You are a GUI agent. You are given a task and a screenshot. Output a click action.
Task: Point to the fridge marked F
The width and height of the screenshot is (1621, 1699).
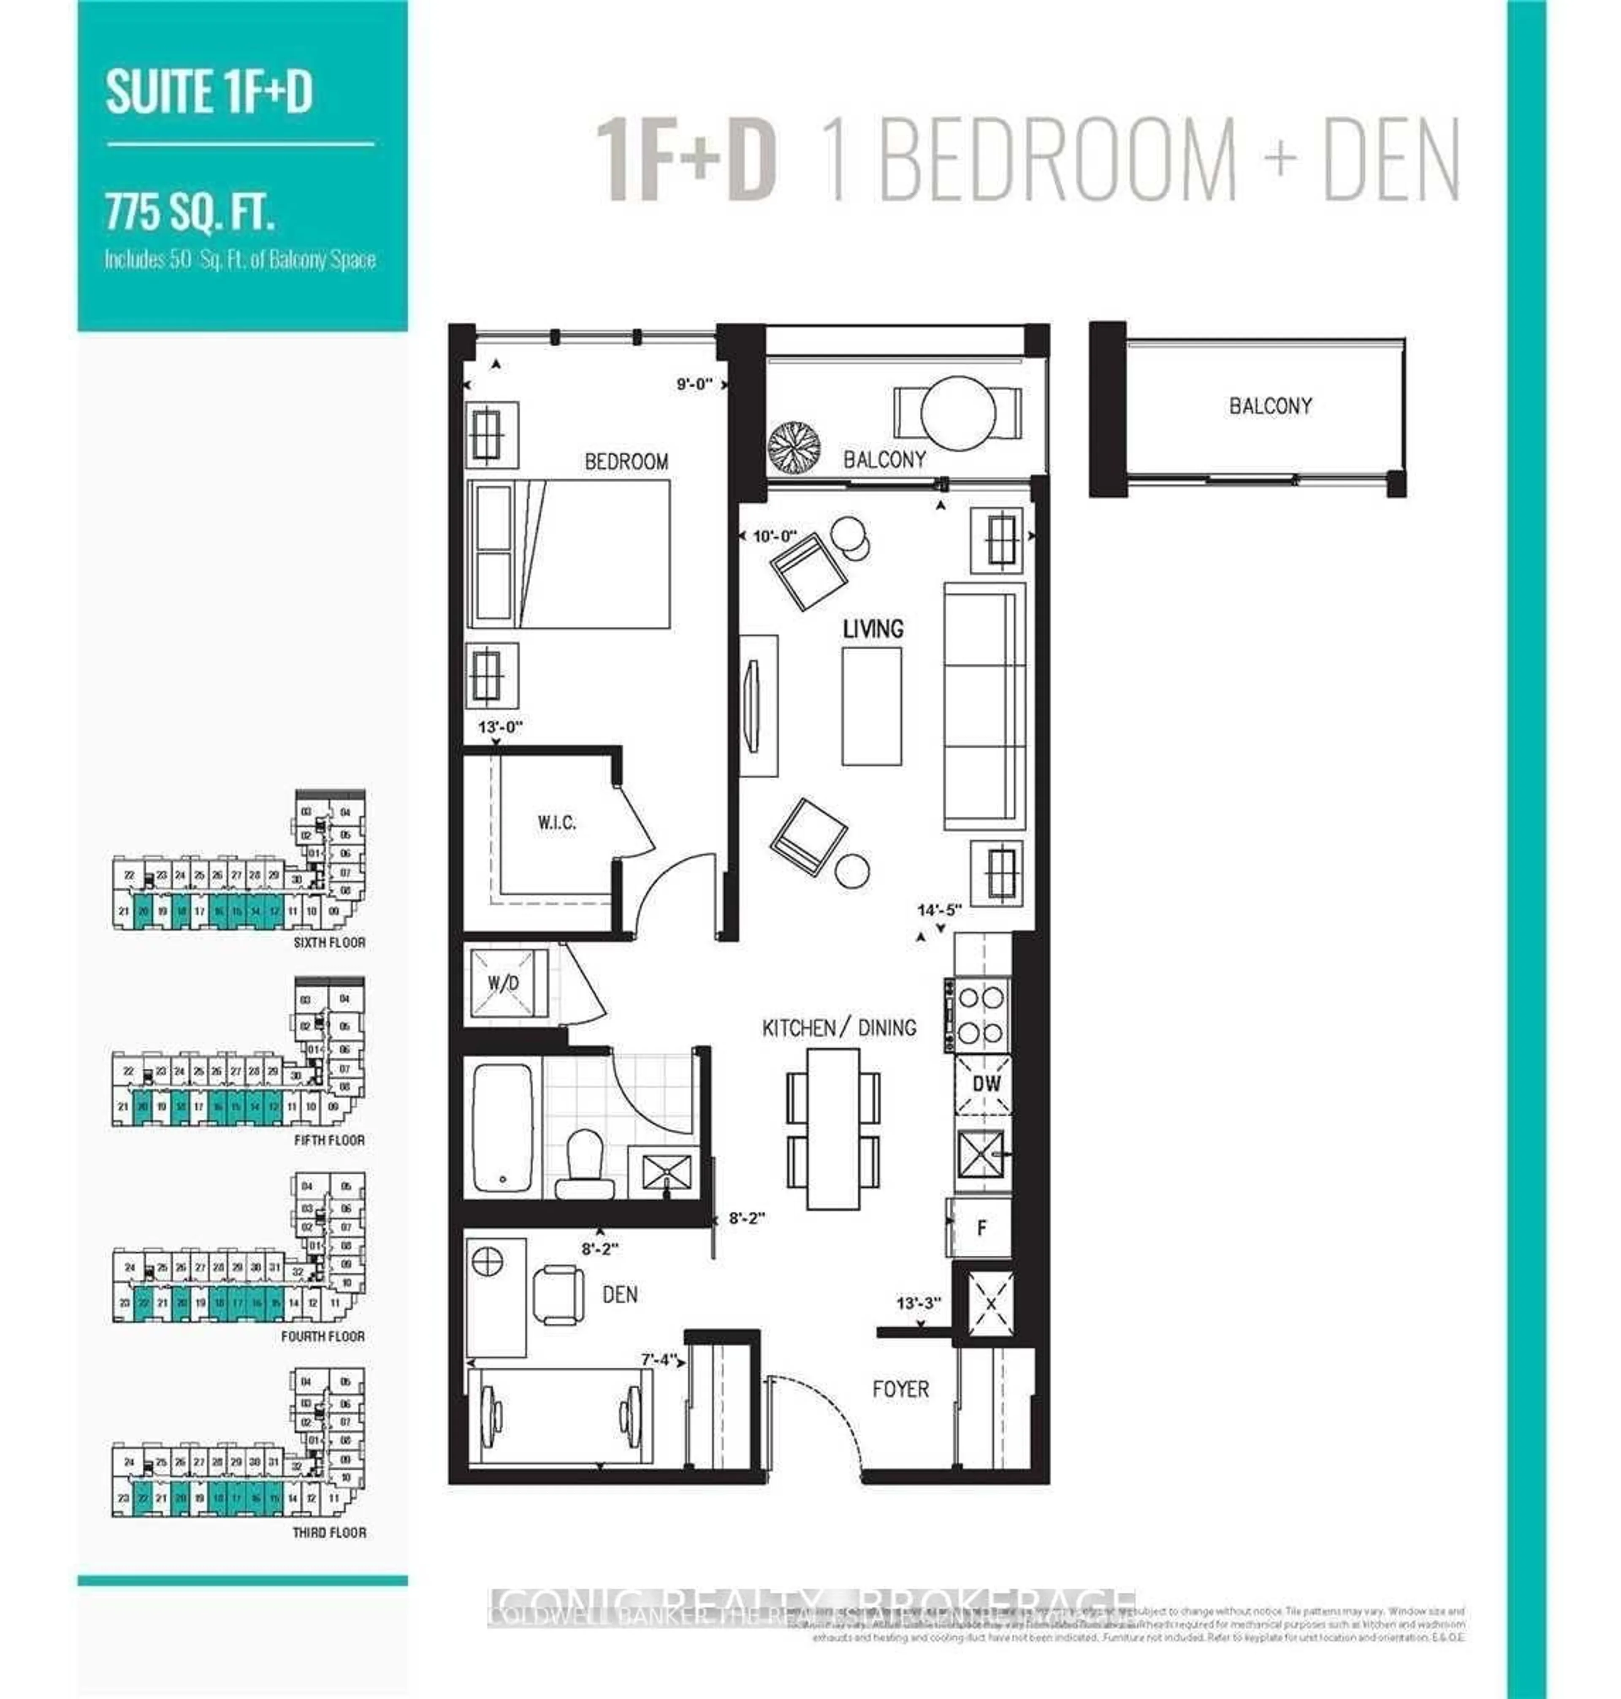pyautogui.click(x=981, y=1227)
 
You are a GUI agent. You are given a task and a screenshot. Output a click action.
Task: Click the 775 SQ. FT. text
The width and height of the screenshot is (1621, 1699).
pyautogui.click(x=190, y=213)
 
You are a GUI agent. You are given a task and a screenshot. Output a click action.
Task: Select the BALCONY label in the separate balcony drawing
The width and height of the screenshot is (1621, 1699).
pyautogui.click(x=1269, y=405)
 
